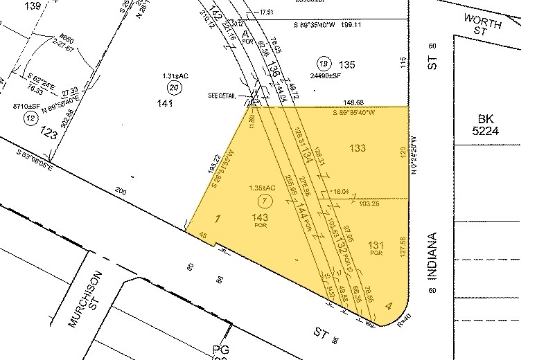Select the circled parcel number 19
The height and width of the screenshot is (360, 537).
(x=322, y=64)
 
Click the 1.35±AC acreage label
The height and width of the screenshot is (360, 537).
(x=262, y=188)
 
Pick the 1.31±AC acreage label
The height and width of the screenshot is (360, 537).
(x=173, y=75)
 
